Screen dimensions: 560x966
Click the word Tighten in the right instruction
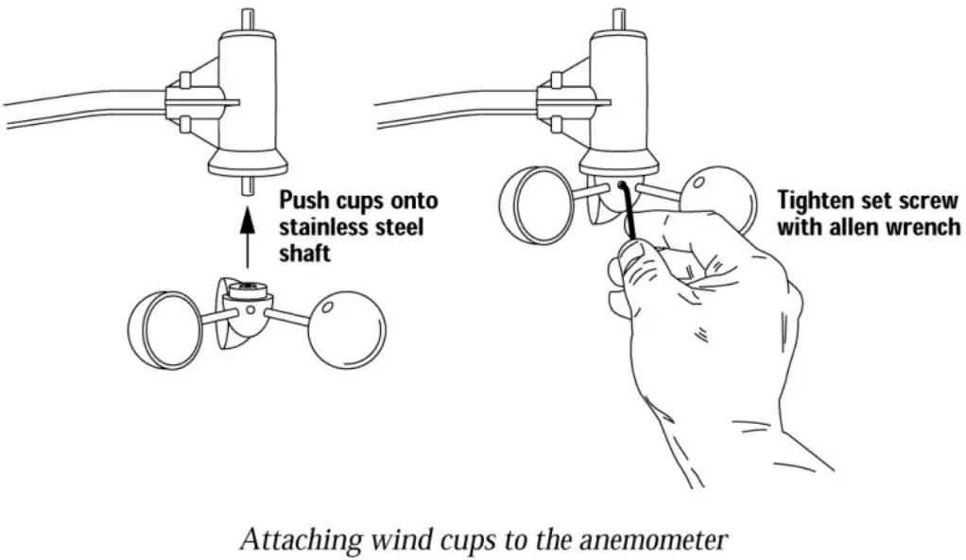(x=815, y=201)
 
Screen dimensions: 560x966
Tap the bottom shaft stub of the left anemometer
(x=247, y=185)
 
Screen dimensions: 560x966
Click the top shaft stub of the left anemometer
(x=247, y=18)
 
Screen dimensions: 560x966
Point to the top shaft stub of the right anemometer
(x=618, y=18)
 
